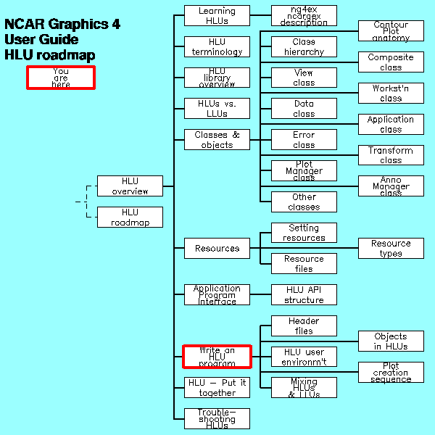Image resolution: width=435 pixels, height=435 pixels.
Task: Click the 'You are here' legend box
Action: [61, 78]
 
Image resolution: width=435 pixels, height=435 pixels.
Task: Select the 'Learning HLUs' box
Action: [217, 16]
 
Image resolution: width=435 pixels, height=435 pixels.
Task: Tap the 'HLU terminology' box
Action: [217, 47]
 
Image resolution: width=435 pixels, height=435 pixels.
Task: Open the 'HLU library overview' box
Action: [217, 78]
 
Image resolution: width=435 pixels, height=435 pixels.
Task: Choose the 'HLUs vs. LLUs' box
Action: [217, 109]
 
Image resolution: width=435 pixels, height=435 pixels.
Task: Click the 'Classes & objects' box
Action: [217, 140]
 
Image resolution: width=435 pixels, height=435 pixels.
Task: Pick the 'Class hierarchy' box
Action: [304, 47]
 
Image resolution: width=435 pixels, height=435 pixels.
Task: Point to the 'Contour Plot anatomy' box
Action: [391, 31]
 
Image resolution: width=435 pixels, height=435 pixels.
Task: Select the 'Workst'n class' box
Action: [391, 93]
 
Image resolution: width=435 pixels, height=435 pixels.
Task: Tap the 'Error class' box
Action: [304, 140]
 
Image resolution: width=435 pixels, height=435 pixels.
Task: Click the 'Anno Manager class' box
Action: [391, 186]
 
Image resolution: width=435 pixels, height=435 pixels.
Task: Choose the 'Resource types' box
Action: [391, 248]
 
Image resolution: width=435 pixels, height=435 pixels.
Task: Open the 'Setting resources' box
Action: [304, 233]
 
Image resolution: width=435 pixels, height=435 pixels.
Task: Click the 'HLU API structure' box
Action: [304, 294]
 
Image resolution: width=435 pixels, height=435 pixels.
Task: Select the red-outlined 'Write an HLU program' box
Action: [217, 357]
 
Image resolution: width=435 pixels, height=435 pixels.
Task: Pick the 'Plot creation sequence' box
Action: [391, 373]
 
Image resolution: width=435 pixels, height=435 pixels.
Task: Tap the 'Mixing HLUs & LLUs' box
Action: [304, 388]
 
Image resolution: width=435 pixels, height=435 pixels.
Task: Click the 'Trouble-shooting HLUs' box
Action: [217, 418]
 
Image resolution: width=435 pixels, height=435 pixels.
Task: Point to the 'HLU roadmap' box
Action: [130, 217]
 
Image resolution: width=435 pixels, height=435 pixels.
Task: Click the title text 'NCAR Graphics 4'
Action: [62, 24]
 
